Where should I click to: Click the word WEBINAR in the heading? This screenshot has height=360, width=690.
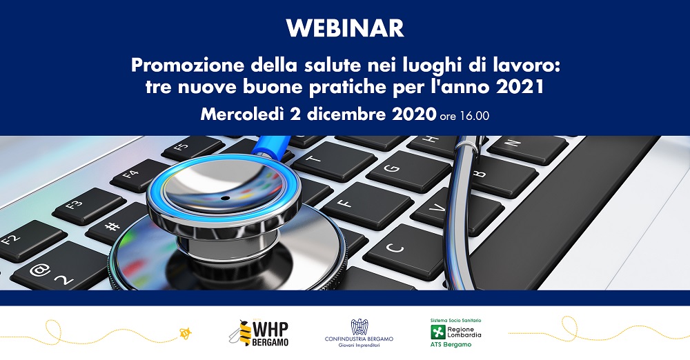(345, 28)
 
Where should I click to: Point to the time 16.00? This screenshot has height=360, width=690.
(475, 116)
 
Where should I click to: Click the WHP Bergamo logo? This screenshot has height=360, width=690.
(259, 333)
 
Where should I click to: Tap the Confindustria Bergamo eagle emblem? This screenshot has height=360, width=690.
(359, 327)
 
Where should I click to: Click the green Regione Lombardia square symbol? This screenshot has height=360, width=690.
(437, 332)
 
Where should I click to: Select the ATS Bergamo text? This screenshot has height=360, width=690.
(451, 345)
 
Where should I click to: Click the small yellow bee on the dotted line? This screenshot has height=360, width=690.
(185, 333)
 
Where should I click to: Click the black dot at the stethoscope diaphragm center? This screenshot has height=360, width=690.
(225, 198)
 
